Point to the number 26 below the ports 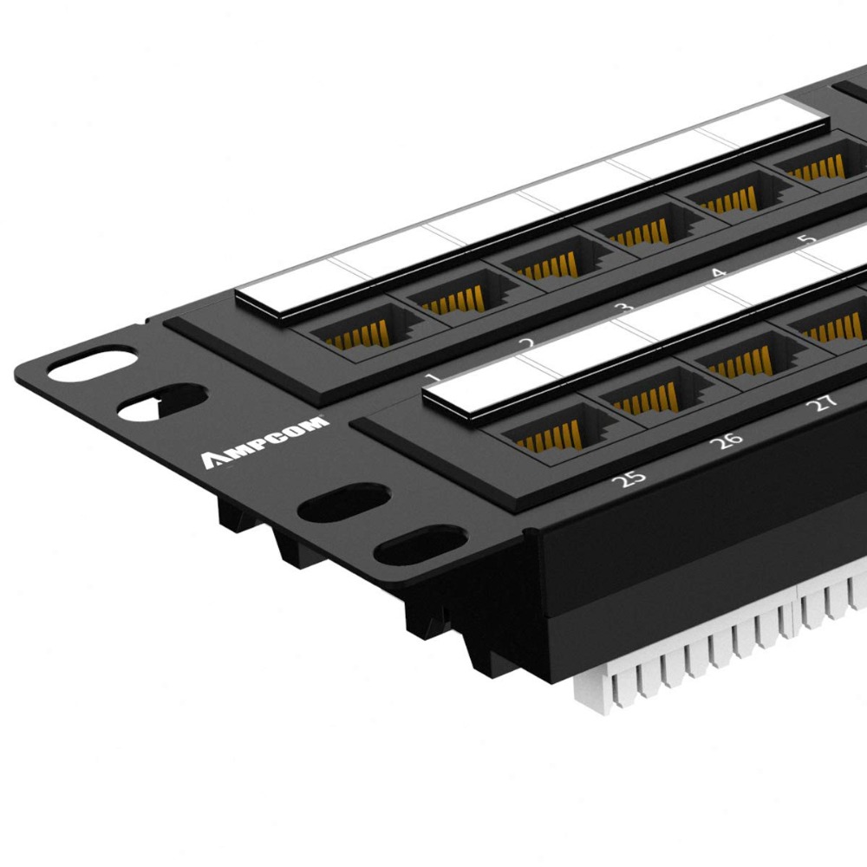(726, 439)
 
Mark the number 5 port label (807, 239)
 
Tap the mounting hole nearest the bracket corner (91, 363)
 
